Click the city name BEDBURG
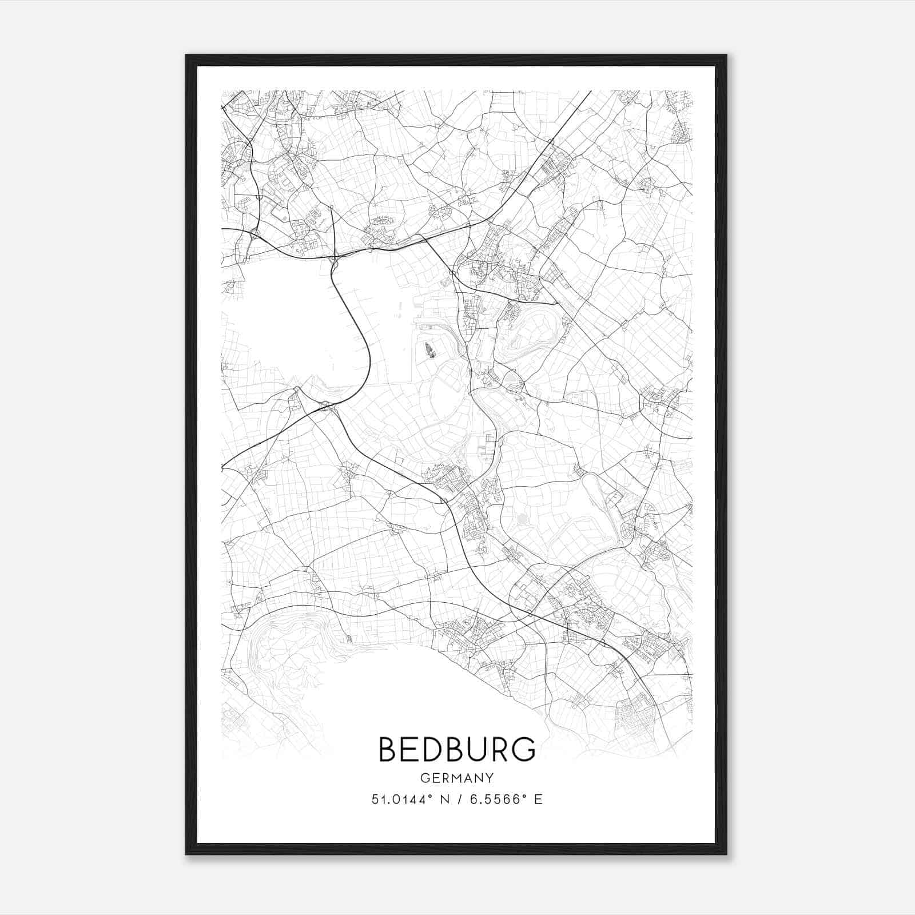[457, 749]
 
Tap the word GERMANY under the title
[457, 778]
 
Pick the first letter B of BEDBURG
[387, 749]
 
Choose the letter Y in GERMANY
[490, 778]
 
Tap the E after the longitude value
[538, 799]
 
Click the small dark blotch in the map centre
[429, 349]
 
